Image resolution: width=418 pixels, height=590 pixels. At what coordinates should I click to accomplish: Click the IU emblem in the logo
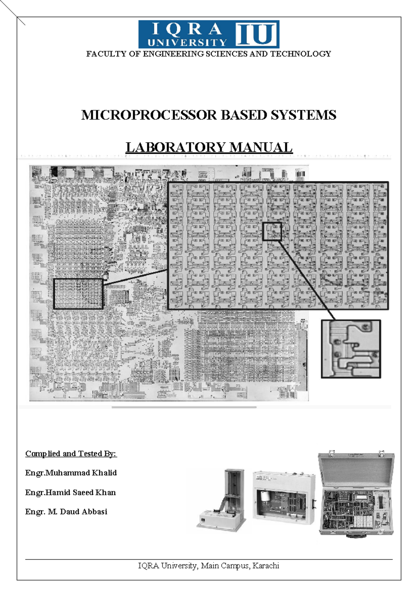257,34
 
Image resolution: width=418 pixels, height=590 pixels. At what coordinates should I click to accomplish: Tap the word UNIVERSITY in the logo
187,42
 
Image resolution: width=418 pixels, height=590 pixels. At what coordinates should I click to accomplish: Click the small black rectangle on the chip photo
78,294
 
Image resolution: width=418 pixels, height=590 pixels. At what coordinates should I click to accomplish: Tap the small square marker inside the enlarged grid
272,231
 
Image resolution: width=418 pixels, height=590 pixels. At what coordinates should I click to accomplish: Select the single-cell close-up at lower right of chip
351,349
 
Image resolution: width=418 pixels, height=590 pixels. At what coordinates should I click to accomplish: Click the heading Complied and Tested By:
71,454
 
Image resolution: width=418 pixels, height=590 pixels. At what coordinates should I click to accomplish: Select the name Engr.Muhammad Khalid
71,473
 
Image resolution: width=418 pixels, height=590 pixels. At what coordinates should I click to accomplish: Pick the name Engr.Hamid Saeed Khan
70,493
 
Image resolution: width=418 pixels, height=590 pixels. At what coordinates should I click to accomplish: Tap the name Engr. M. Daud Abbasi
66,512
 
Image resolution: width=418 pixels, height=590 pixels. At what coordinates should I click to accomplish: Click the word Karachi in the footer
266,566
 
